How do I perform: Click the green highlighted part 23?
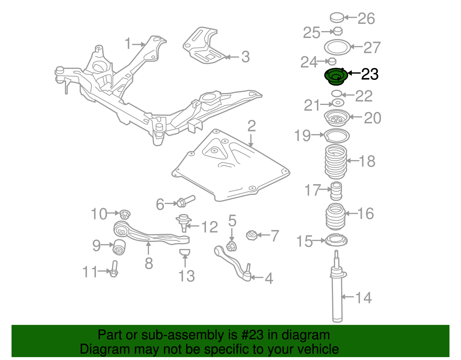(336, 77)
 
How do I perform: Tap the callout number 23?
(370, 74)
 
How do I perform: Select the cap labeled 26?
(337, 18)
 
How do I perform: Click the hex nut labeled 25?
(338, 31)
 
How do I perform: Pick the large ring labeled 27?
(337, 47)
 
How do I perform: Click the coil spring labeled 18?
(336, 162)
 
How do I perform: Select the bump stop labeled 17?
(336, 191)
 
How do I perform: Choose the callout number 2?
(251, 126)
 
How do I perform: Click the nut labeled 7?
(252, 235)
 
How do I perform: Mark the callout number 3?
(245, 57)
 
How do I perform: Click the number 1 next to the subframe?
(128, 44)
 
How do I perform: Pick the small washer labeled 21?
(338, 103)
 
